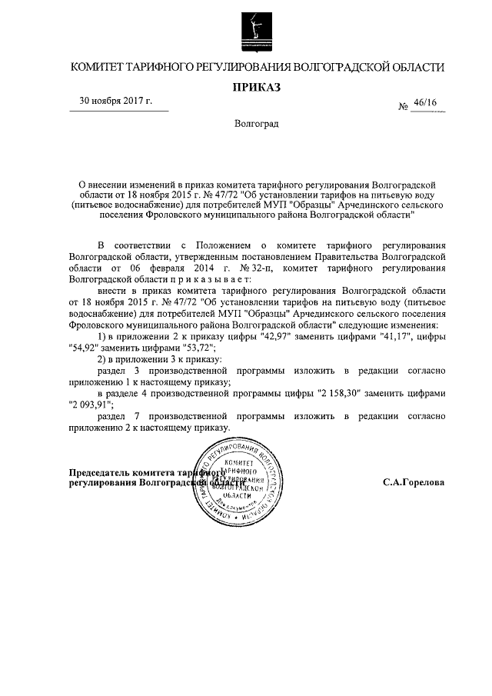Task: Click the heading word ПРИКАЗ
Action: point(257,86)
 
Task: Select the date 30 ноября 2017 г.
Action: point(116,101)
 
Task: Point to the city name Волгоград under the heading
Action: point(257,123)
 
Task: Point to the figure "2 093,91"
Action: point(91,403)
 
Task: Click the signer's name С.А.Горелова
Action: point(414,484)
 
